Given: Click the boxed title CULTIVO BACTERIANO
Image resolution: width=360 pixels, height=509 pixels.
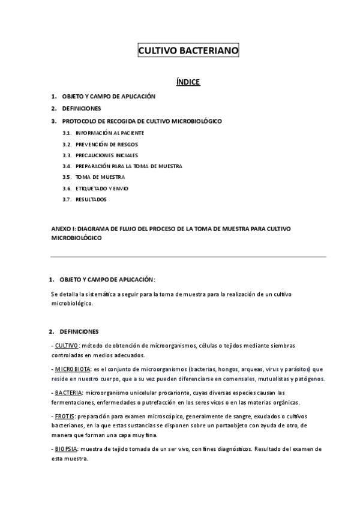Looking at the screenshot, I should point(188,52).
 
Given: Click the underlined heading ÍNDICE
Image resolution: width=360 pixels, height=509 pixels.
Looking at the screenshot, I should point(188,82).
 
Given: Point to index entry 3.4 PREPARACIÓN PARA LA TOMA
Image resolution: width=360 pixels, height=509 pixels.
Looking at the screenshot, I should point(128,166).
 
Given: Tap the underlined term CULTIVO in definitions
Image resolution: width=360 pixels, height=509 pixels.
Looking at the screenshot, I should point(66,345).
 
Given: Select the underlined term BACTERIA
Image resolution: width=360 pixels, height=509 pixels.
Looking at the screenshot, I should point(68,391).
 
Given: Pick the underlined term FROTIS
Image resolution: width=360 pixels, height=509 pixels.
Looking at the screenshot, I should point(65,415).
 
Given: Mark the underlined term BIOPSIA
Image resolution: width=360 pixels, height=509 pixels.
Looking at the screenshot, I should point(67,448).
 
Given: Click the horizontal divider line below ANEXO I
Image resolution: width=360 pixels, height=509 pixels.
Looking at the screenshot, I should point(188,256).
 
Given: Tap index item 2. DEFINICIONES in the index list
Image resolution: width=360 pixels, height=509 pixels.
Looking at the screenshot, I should point(81,109).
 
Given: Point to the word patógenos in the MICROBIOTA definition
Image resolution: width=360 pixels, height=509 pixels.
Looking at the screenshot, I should point(309,379).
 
